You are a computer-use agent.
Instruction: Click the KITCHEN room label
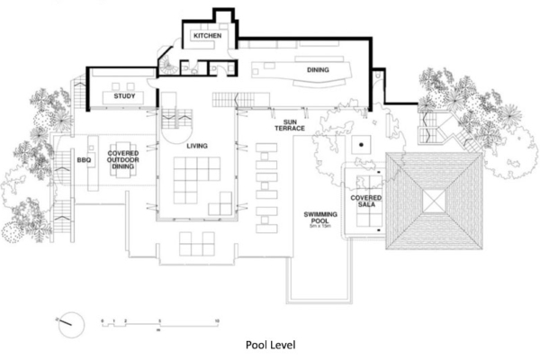pyautogui.click(x=202, y=36)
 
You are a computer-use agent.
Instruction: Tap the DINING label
pyautogui.click(x=318, y=69)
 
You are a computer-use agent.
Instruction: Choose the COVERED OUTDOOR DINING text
pyautogui.click(x=123, y=159)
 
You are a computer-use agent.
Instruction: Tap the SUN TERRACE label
pyautogui.click(x=291, y=125)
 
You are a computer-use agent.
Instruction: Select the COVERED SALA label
pyautogui.click(x=365, y=202)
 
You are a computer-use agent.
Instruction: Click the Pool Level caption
pyautogui.click(x=271, y=344)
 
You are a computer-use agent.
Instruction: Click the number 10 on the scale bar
pyautogui.click(x=217, y=319)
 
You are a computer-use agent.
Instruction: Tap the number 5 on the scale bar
pyautogui.click(x=159, y=319)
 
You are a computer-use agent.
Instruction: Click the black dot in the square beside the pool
pyautogui.click(x=359, y=145)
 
